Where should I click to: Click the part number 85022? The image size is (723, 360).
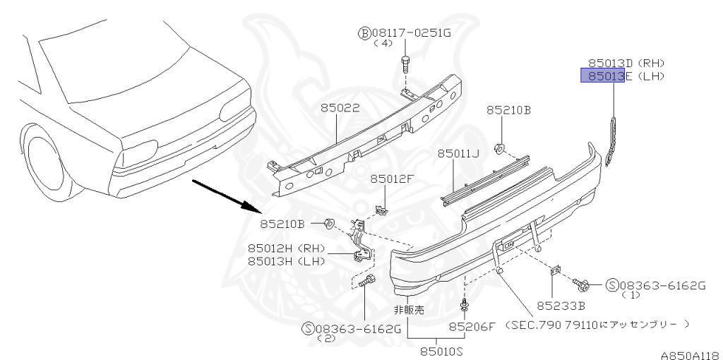click(340, 109)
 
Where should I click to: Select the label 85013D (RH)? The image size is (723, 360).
click(626, 63)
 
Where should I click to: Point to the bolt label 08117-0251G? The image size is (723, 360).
click(407, 32)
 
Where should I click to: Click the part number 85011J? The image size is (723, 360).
click(458, 153)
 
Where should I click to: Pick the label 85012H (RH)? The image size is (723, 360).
click(285, 248)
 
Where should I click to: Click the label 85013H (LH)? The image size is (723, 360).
click(285, 260)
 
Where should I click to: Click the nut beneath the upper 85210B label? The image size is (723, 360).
click(498, 148)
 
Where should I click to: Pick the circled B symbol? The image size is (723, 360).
click(364, 32)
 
